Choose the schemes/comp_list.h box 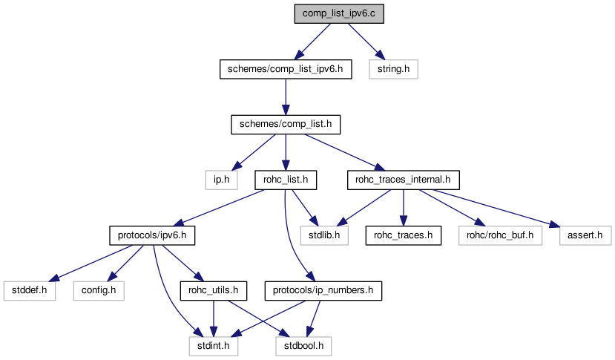point(286,124)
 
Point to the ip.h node point(220,179)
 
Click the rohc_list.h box point(286,179)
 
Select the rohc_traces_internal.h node point(404,179)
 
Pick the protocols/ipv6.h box point(152,235)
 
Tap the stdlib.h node point(324,235)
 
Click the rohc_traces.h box point(402,235)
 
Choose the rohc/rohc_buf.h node point(500,235)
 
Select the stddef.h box point(29,290)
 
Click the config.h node point(98,290)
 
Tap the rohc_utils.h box point(213,290)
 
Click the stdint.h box point(213,345)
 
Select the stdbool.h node point(303,345)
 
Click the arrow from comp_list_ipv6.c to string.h point(364,41)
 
